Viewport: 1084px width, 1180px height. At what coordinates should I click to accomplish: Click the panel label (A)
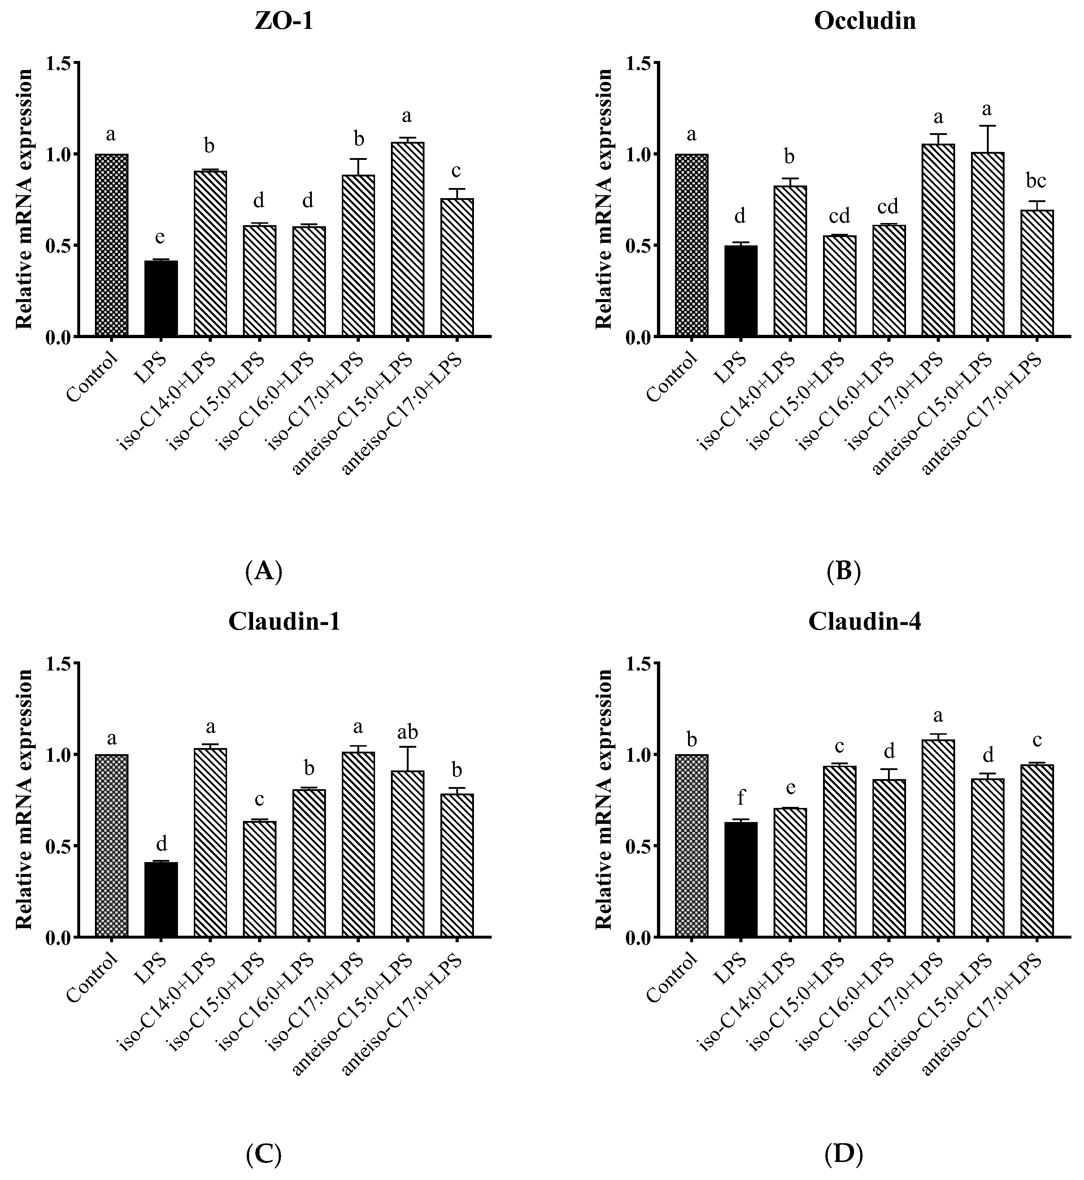(x=264, y=571)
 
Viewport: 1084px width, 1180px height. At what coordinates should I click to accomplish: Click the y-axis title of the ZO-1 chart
(x=23, y=200)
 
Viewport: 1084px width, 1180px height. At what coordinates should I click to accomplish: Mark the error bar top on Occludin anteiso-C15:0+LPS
(x=987, y=126)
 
